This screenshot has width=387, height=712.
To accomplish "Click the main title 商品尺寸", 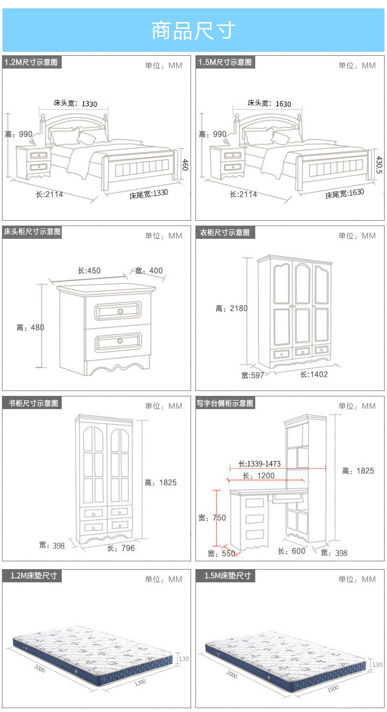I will coord(193,31).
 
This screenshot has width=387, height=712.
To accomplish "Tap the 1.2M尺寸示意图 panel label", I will coord(31,62).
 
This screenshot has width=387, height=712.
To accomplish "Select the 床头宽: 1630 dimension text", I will coord(269,103).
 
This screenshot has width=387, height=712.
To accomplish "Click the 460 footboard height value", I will coord(185,164).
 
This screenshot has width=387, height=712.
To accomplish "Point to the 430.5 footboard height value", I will coord(379,164).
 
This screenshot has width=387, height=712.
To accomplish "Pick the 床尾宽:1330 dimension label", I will coord(149,194).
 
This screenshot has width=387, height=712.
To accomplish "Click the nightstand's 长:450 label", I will coord(89,271).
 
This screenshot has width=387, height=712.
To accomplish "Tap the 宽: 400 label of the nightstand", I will coord(149,271).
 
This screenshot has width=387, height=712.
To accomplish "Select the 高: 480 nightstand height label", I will coord(30,327).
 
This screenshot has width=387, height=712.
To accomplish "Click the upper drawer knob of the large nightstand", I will coord(120,311).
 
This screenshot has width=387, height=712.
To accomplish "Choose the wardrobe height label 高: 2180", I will coord(232,308).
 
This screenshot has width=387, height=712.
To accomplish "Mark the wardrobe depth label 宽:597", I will coord(253,375).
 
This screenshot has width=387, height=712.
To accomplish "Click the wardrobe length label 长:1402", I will coord(314,374).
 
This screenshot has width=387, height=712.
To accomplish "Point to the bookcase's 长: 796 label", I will coord(121,548).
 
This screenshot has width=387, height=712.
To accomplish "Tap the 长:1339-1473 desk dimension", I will coord(260,464).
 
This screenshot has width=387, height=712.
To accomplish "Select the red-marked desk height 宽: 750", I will coord(212,518).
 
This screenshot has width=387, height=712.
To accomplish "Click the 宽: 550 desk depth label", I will coord(221,553).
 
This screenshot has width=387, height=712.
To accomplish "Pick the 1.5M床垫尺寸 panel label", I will coord(227,575).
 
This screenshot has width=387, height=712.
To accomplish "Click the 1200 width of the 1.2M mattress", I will coord(141,681).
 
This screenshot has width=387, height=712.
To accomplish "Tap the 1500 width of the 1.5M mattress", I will coord(332,688).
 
